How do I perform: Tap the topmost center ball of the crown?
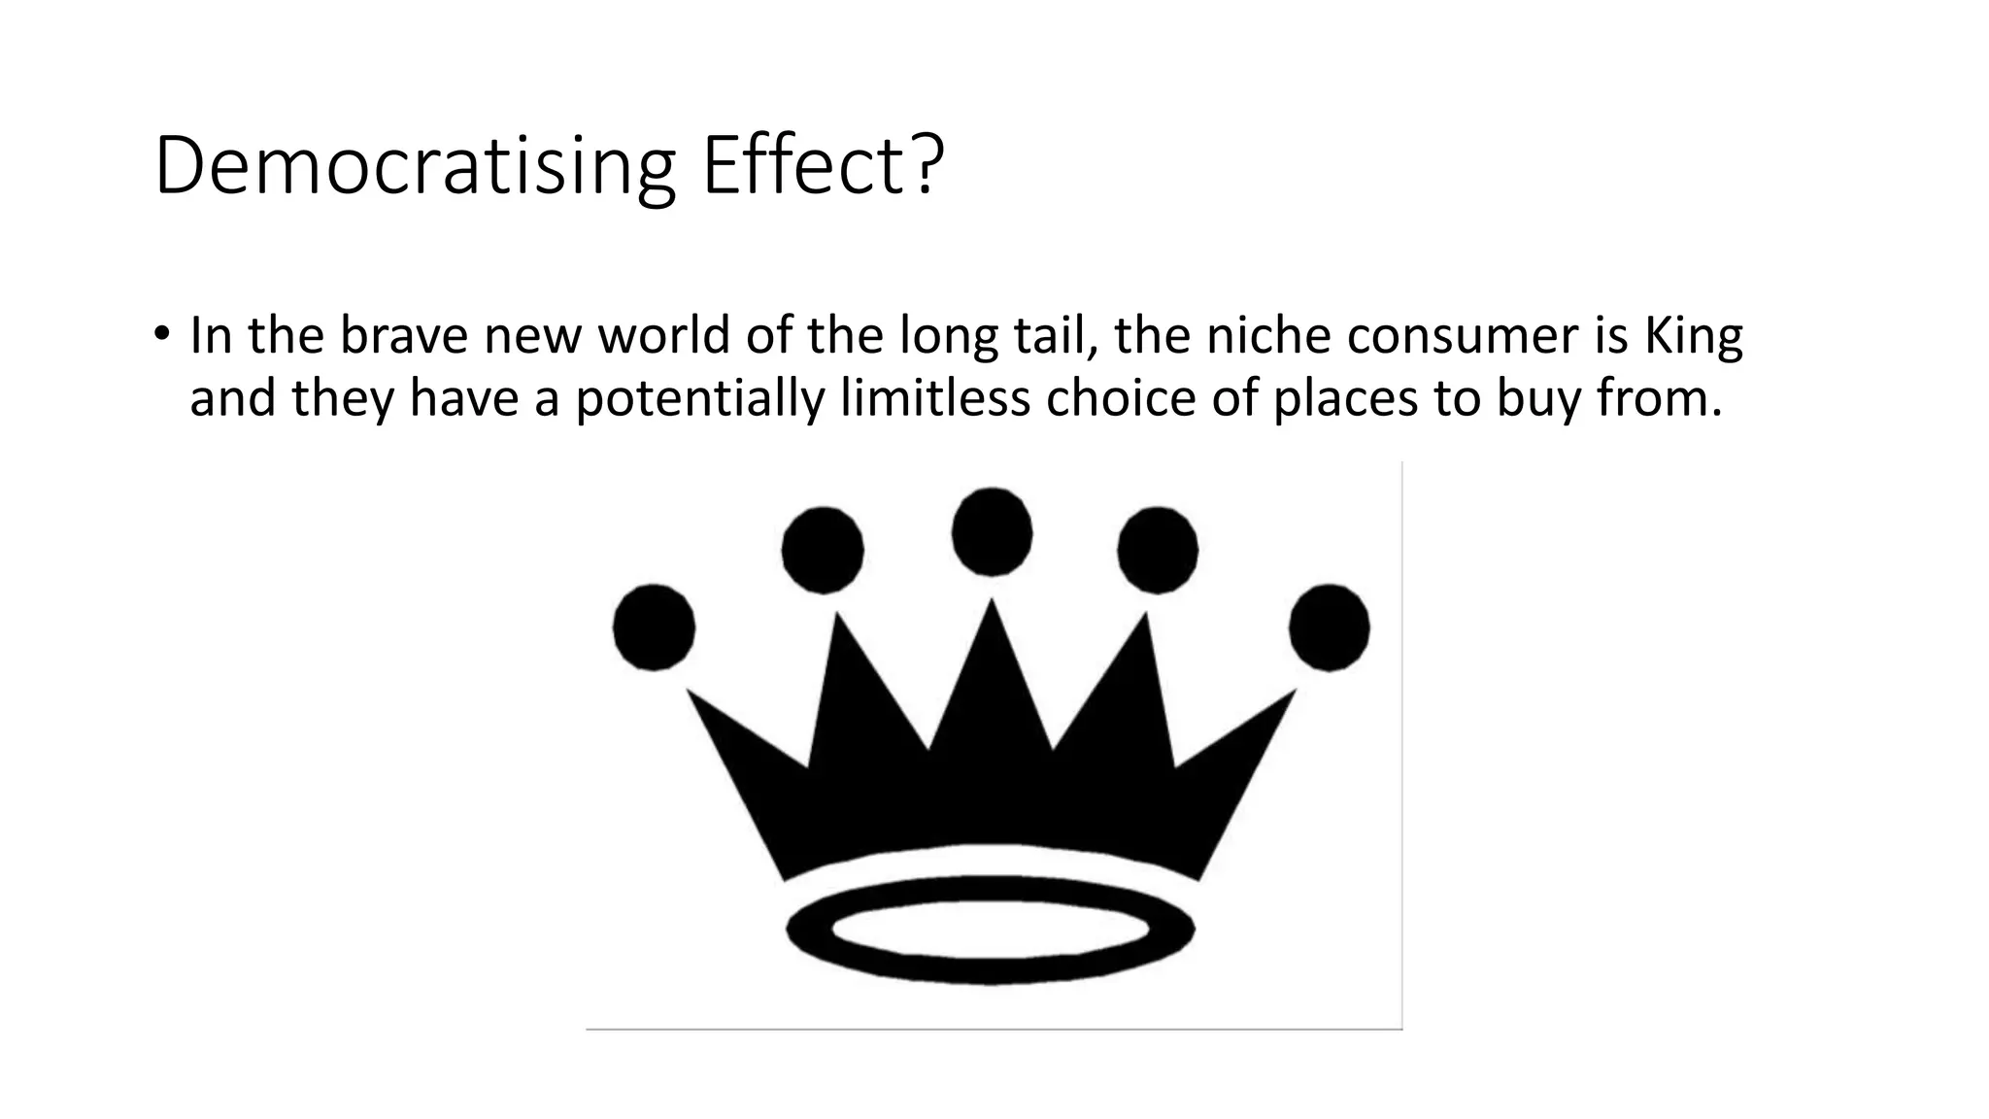tap(992, 532)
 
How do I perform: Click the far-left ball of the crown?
tap(654, 627)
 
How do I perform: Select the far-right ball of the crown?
tap(1330, 627)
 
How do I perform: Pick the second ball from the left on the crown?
tap(823, 550)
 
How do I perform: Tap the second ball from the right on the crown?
tap(1158, 550)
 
